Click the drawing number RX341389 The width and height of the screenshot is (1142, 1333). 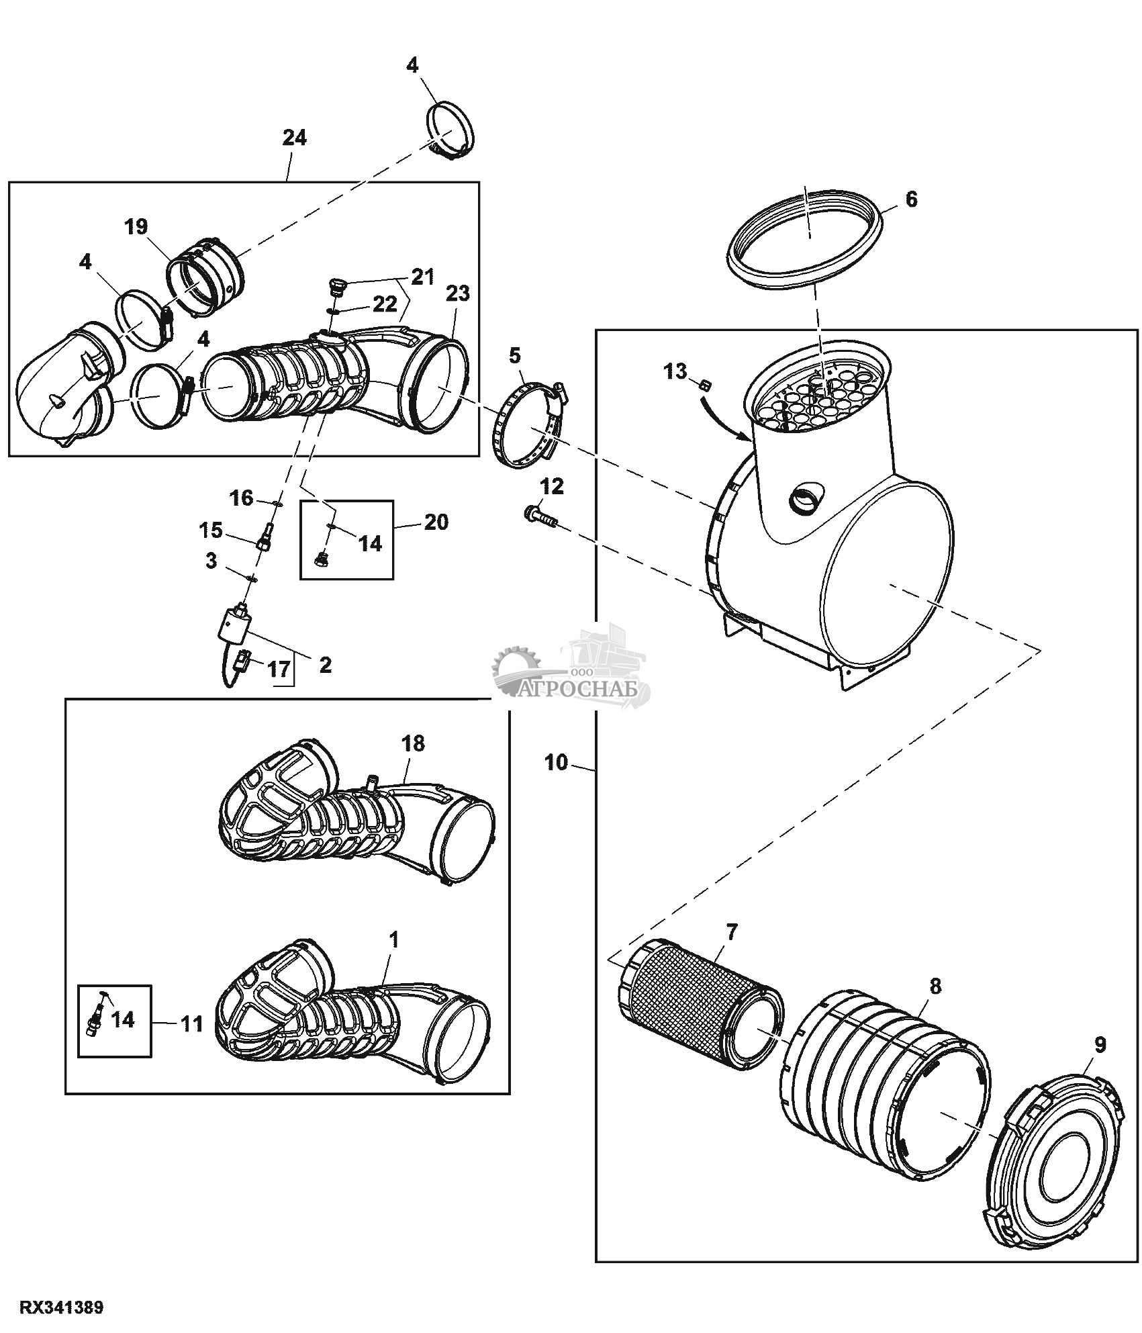[62, 1307]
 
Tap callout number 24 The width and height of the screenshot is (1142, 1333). [294, 138]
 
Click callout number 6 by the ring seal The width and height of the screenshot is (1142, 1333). [911, 200]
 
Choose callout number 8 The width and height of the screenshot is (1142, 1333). [935, 987]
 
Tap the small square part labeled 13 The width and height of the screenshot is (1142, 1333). [706, 385]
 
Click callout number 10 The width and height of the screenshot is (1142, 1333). [556, 763]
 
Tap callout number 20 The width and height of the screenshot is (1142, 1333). [436, 522]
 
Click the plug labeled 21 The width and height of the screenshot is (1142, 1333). [336, 289]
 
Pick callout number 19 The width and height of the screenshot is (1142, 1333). [136, 227]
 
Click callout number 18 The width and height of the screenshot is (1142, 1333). [414, 744]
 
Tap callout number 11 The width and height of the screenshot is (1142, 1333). [193, 1025]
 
